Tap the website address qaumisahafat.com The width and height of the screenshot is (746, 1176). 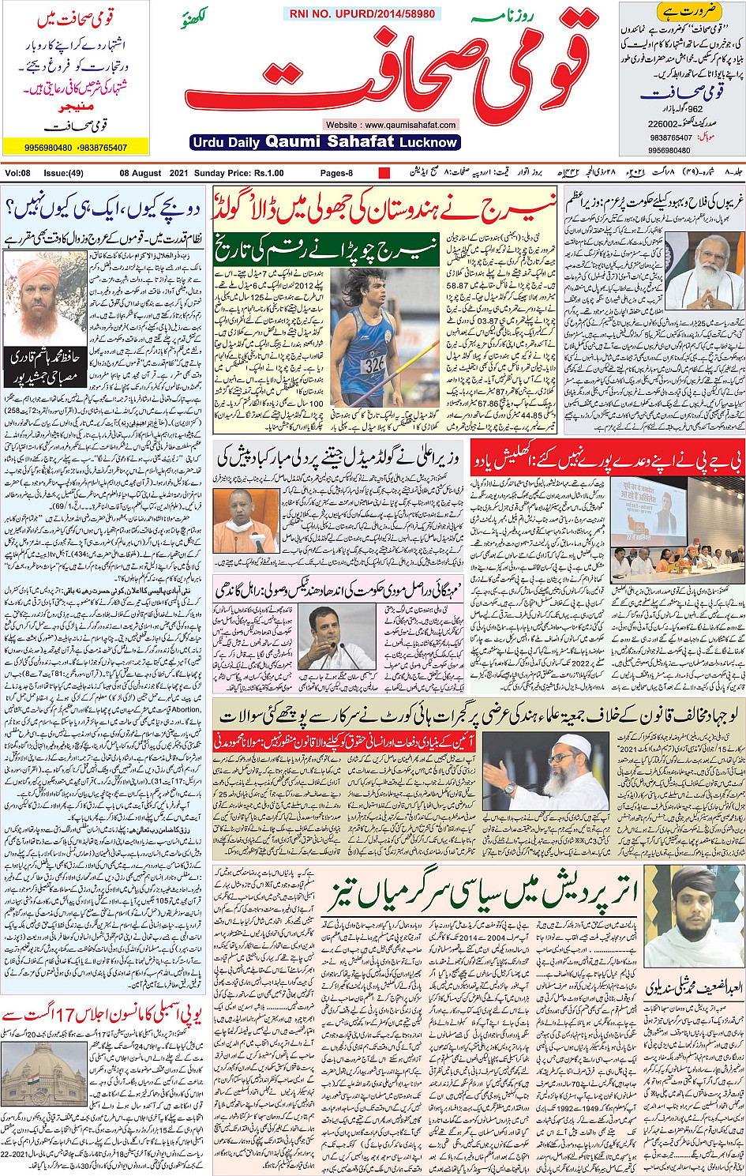point(391,125)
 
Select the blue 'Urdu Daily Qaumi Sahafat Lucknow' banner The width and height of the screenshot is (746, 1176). point(324,142)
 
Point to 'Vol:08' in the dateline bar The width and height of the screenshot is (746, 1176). point(18,173)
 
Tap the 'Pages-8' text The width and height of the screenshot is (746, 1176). point(336,173)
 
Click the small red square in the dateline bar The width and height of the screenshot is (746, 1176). point(384,173)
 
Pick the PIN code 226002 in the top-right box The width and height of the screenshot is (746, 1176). point(663,124)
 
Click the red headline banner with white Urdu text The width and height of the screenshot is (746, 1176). point(607,457)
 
